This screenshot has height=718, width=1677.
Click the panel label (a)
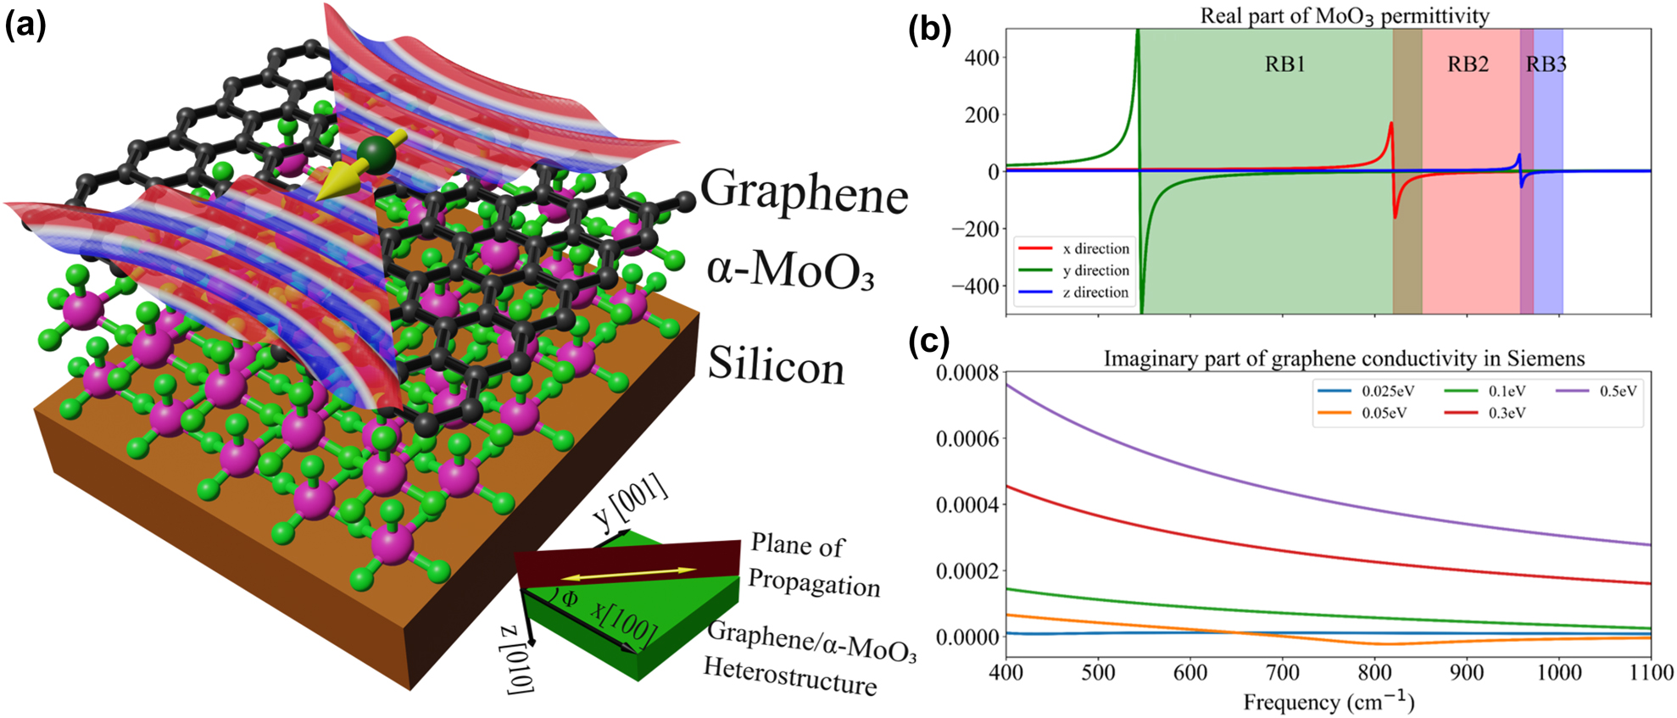tap(25, 26)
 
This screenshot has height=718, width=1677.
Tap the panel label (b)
tap(929, 29)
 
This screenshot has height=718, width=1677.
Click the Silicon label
tap(776, 365)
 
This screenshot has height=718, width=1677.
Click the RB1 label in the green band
tap(1284, 65)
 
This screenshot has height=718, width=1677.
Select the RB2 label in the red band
tap(1468, 65)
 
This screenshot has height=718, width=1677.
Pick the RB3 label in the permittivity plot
tap(1546, 65)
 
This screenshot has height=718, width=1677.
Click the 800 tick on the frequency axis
tap(1374, 672)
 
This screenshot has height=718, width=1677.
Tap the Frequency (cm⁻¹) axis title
tap(1329, 702)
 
